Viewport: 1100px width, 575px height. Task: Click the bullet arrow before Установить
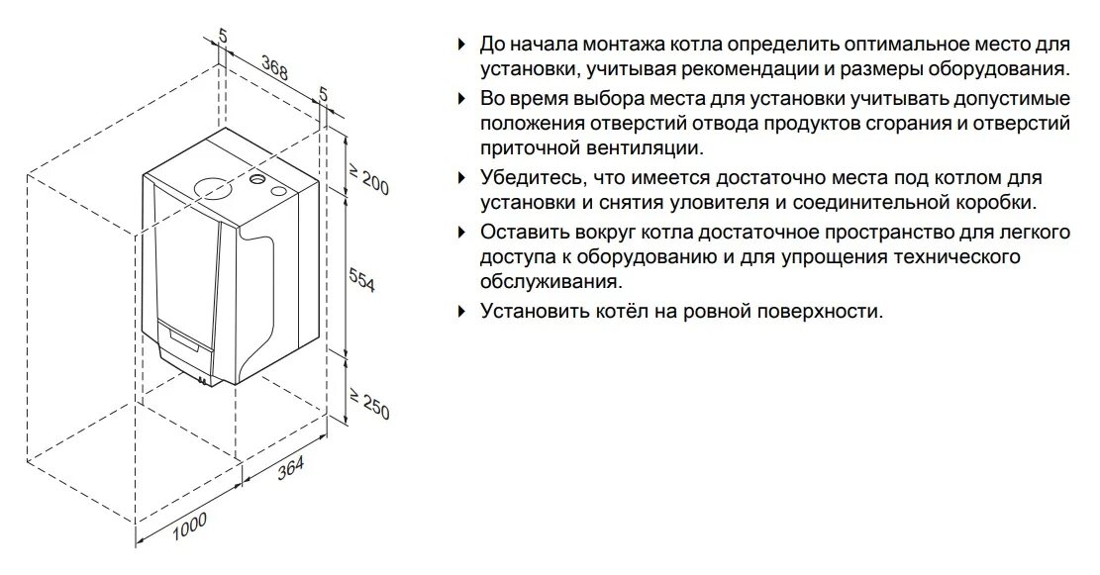460,311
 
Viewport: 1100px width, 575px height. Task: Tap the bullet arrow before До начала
460,46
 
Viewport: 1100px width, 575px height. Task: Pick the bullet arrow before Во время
460,99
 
